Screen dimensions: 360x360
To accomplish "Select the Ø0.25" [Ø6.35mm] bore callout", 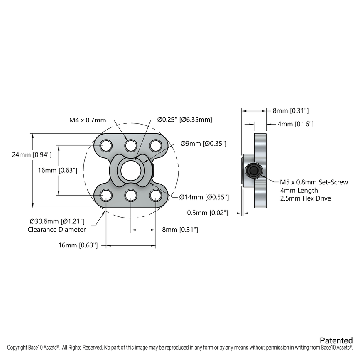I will click(185, 120).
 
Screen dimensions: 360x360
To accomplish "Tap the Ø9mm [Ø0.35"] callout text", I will click(203, 144).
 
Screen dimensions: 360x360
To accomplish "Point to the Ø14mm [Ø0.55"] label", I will click(204, 197).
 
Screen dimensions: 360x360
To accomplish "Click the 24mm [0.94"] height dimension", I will click(32, 154).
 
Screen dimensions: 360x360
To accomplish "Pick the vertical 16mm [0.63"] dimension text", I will click(57, 170).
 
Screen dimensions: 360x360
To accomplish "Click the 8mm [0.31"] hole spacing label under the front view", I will click(180, 229).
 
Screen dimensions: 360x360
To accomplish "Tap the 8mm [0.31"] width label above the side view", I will click(290, 111).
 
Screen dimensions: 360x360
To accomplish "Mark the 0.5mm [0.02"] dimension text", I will click(208, 213).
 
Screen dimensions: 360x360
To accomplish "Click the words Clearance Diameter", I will click(56, 229).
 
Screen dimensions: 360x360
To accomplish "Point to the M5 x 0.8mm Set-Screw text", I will click(314, 182).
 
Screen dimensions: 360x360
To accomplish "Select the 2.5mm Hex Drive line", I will click(305, 198).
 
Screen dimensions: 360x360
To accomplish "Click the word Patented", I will click(336, 340).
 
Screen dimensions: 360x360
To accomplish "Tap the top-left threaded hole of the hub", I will click(106, 145).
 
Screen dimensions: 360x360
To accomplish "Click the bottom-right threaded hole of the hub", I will click(156, 195).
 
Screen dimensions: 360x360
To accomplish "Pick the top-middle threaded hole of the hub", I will click(131, 145).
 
